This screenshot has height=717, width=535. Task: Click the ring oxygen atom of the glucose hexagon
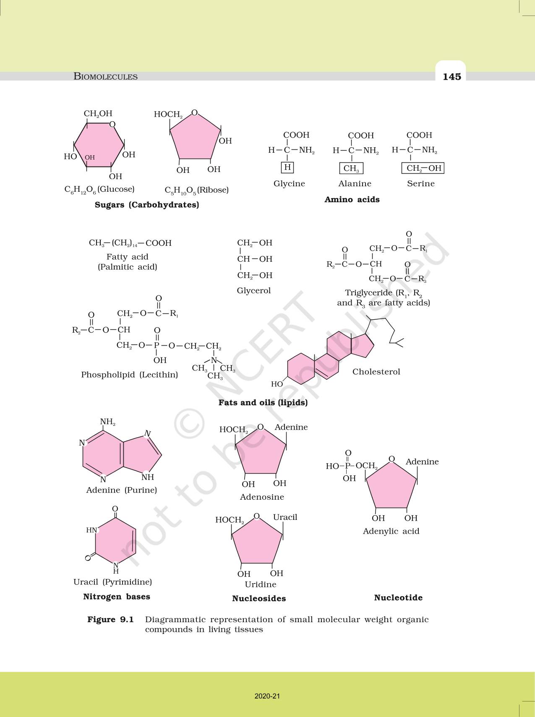pos(112,124)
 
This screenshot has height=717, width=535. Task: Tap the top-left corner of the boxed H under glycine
pos(282,162)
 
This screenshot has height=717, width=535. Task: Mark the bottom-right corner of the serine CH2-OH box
pos(444,173)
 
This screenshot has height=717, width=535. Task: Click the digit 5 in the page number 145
pos(458,76)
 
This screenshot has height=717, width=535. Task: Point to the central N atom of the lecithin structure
pos(214,360)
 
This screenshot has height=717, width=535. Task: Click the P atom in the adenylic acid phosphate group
pos(347,466)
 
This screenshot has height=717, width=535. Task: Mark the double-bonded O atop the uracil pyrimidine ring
pos(115,509)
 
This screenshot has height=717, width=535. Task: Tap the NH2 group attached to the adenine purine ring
pos(108,422)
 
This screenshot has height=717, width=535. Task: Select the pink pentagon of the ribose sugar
pos(195,136)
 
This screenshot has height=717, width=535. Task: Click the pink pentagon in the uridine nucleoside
pos(257,542)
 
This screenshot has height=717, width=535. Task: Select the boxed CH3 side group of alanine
pos(351,168)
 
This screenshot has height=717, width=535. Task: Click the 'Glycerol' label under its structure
pos(254,290)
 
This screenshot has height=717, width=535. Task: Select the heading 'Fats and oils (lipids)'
pos(263,402)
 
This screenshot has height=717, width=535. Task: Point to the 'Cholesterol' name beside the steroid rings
pos(376,372)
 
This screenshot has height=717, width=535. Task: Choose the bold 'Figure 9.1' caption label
pos(110,619)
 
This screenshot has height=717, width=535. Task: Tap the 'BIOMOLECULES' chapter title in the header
pos(106,76)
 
